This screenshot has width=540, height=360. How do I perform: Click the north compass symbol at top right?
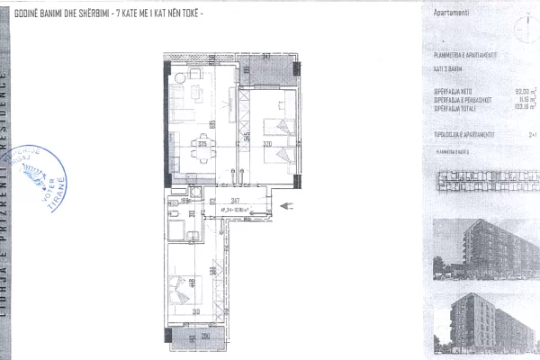tap(521, 26)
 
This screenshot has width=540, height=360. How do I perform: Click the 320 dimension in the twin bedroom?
tap(266, 143)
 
